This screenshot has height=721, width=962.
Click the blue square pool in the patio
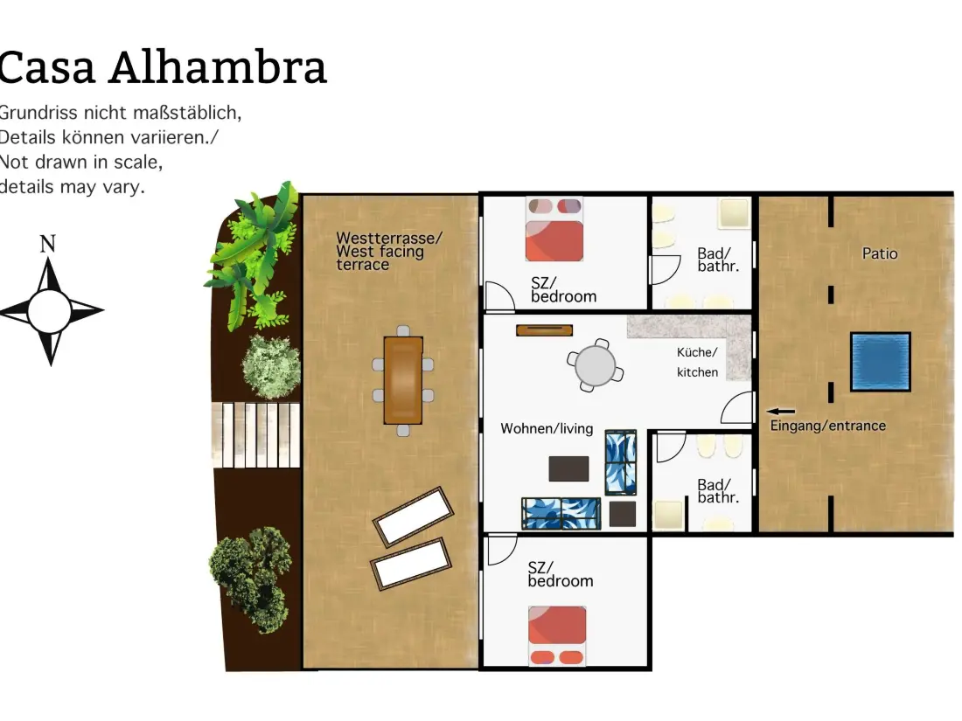[x=880, y=362]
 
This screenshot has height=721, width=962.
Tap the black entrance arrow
[x=780, y=412]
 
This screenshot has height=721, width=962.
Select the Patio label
[x=879, y=253]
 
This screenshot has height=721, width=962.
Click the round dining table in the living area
[x=595, y=365]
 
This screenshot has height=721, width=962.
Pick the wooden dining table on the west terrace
[x=403, y=380]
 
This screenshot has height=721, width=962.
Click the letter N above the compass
[x=48, y=244]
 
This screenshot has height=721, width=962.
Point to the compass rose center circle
[x=49, y=311]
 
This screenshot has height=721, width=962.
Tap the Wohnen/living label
[x=547, y=428]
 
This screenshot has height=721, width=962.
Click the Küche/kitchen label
[x=697, y=362]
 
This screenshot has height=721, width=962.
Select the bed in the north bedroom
[x=554, y=229]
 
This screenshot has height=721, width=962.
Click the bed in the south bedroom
[x=556, y=635]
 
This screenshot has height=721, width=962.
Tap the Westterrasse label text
[x=389, y=238]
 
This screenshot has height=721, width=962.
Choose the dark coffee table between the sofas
[x=568, y=468]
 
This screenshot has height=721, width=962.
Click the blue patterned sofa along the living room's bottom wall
[x=561, y=513]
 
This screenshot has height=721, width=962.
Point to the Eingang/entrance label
[x=827, y=426]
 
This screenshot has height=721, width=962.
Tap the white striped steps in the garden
[x=256, y=434]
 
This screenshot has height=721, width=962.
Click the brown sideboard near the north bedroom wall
[x=544, y=330]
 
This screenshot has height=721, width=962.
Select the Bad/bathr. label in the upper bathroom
[x=718, y=260]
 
